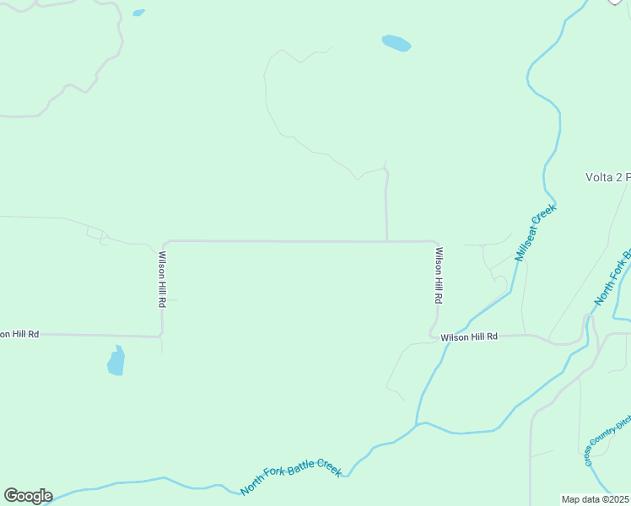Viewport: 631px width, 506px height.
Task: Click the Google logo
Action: pos(28,496)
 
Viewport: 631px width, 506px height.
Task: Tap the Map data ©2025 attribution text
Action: pos(595,499)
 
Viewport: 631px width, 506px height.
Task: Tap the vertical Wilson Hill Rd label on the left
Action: pos(161,279)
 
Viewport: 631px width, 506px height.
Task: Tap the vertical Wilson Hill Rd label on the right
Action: pos(438,275)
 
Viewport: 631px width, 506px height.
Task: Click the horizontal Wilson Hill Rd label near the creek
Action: pos(469,336)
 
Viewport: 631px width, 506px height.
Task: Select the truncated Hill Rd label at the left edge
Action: pos(19,334)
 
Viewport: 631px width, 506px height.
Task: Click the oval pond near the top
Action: pos(396,43)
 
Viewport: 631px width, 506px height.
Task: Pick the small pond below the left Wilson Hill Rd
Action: pos(116,361)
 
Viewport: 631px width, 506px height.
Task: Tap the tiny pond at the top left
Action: pos(138,13)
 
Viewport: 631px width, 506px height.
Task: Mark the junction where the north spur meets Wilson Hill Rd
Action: pos(387,241)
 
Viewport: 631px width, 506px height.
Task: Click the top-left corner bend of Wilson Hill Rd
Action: pos(164,243)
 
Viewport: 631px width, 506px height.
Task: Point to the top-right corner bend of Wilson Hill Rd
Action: pos(435,243)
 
